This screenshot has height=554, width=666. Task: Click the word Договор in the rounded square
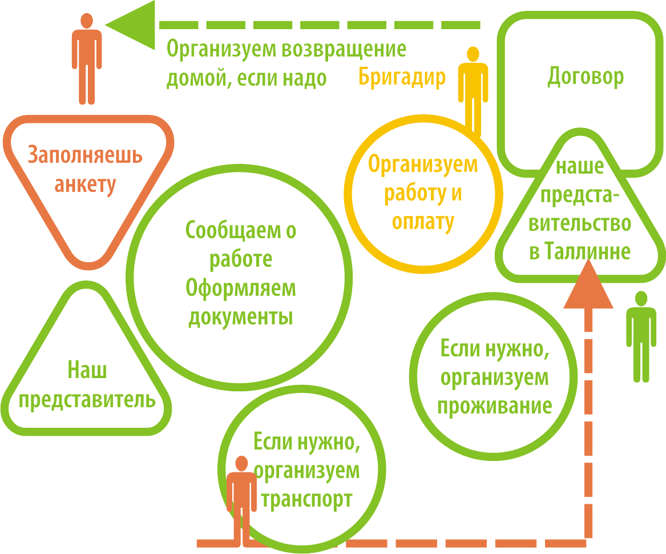[x=585, y=77]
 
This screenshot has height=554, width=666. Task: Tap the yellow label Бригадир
[x=402, y=77]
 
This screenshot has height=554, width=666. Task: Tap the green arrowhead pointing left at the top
[x=131, y=25]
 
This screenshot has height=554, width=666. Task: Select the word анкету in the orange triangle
[x=85, y=184]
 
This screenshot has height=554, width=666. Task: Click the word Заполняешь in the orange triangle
[x=85, y=155]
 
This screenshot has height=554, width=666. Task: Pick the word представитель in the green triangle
[x=87, y=400]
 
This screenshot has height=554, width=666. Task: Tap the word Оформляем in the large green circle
[x=241, y=288]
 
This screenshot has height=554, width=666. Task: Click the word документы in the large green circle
[x=241, y=317]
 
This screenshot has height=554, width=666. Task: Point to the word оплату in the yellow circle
[x=422, y=222]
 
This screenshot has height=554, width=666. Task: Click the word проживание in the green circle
[x=494, y=406]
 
